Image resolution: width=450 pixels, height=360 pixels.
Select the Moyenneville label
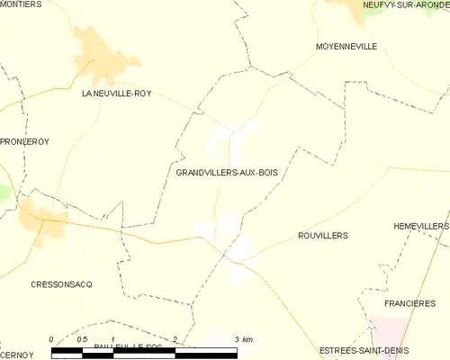click(346, 46)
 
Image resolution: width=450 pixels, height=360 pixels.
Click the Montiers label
click(22, 4)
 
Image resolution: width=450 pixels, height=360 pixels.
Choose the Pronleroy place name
click(23, 142)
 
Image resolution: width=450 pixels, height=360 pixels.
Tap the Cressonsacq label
click(62, 283)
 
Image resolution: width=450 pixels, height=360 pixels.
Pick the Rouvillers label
click(322, 235)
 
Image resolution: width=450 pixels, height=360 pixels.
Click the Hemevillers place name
click(420, 226)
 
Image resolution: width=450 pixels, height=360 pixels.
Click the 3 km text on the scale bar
click(243, 339)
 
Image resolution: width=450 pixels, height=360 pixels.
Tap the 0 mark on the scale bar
click(52, 339)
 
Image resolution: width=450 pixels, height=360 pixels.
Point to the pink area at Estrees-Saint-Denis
click(387, 333)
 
